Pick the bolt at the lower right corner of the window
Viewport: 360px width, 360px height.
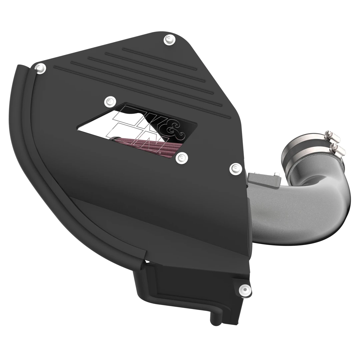181,157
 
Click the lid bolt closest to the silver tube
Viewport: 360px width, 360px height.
236,168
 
